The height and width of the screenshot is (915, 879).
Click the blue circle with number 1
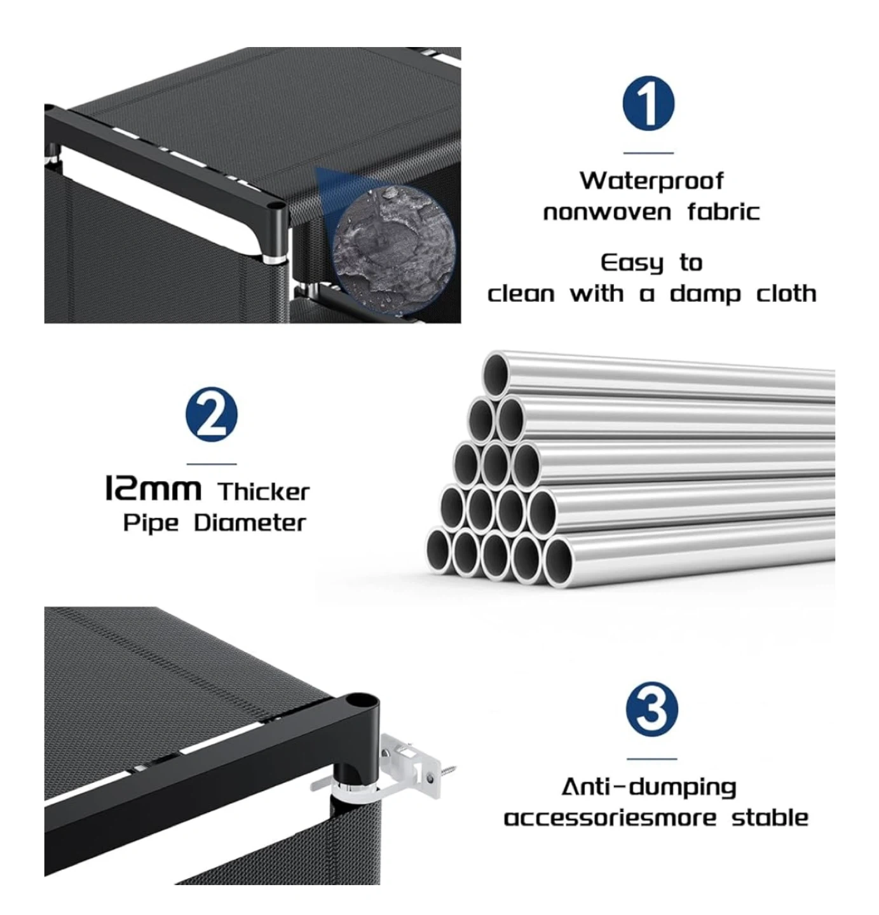648,104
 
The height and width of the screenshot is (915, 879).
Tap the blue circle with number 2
212,414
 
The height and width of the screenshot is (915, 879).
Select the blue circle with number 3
651,709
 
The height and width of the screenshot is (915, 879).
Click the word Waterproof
651,181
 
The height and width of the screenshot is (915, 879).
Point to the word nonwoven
607,212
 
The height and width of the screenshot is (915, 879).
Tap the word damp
705,294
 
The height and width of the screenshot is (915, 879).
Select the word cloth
786,294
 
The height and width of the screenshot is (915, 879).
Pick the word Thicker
263,492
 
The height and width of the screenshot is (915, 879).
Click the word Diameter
250,523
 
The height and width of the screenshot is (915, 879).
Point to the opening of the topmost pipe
496,376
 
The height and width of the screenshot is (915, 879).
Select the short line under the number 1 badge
648,152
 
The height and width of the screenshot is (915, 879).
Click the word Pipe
151,524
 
